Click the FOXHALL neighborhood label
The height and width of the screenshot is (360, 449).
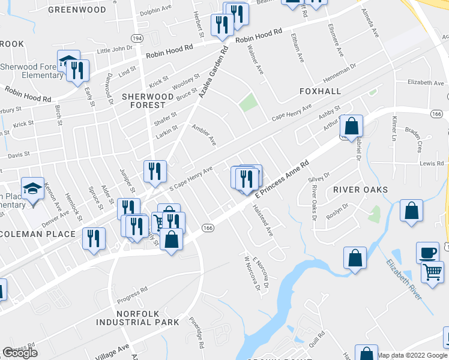click(x=320, y=91)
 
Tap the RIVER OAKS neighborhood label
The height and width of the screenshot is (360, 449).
click(x=361, y=190)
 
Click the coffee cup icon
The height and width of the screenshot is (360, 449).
click(x=427, y=252)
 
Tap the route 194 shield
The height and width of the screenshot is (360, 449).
click(x=138, y=37)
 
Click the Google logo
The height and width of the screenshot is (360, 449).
click(x=20, y=353)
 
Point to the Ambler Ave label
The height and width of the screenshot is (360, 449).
click(x=203, y=135)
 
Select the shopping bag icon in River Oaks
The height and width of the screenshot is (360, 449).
click(x=411, y=212)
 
